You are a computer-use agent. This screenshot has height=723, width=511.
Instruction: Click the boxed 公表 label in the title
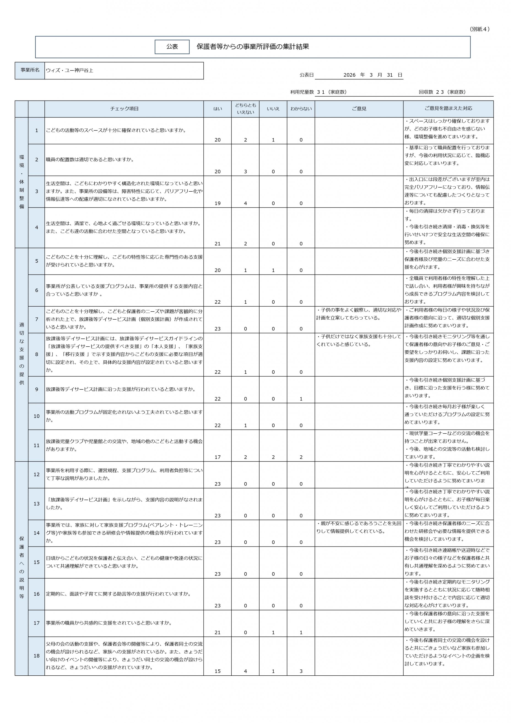coord(172,47)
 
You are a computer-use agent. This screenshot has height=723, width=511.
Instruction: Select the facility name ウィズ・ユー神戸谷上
coord(70,71)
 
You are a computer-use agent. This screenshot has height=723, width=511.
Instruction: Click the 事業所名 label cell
coord(30,70)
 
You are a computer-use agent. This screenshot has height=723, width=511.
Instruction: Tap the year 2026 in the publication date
coord(349,75)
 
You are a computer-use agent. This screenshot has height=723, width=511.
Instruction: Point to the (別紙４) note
coord(479,29)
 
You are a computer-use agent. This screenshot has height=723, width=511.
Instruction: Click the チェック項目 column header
coord(124,109)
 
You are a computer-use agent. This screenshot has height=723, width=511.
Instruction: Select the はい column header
coord(218,109)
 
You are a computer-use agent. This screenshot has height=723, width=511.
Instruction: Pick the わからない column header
coord(301,109)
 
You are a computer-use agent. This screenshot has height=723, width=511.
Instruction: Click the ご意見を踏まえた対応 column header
coord(448,108)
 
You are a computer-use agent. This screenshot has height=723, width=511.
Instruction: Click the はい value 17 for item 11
coord(218,457)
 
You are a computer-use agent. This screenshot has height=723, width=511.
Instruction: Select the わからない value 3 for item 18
coord(301,671)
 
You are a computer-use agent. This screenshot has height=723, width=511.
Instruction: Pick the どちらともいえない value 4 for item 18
coord(246,671)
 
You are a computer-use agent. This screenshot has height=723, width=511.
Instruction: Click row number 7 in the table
coord(37,319)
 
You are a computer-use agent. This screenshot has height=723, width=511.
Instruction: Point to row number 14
coord(37,533)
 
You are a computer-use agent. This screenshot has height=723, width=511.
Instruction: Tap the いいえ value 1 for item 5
coord(273,270)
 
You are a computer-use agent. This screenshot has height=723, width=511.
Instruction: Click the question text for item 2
coord(90,160)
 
